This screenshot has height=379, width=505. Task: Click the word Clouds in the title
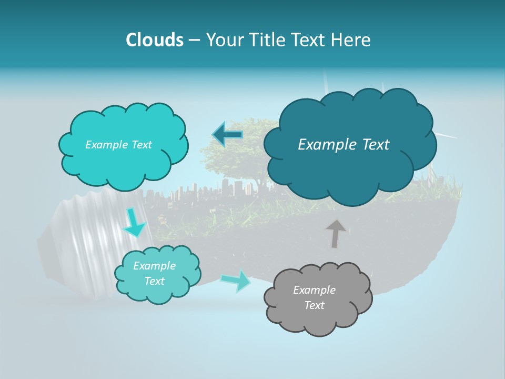click(x=154, y=40)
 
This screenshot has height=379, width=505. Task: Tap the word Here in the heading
click(x=351, y=40)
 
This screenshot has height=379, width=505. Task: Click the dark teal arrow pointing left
click(x=228, y=135)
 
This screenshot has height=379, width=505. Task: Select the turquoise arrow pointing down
click(x=134, y=223)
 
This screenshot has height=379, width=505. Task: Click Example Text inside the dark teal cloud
click(x=344, y=145)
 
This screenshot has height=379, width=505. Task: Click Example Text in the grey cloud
click(x=314, y=297)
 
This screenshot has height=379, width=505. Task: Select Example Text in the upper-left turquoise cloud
click(x=118, y=145)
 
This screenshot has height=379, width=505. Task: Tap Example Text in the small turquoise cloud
click(x=154, y=273)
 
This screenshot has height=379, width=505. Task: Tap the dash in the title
click(x=194, y=40)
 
